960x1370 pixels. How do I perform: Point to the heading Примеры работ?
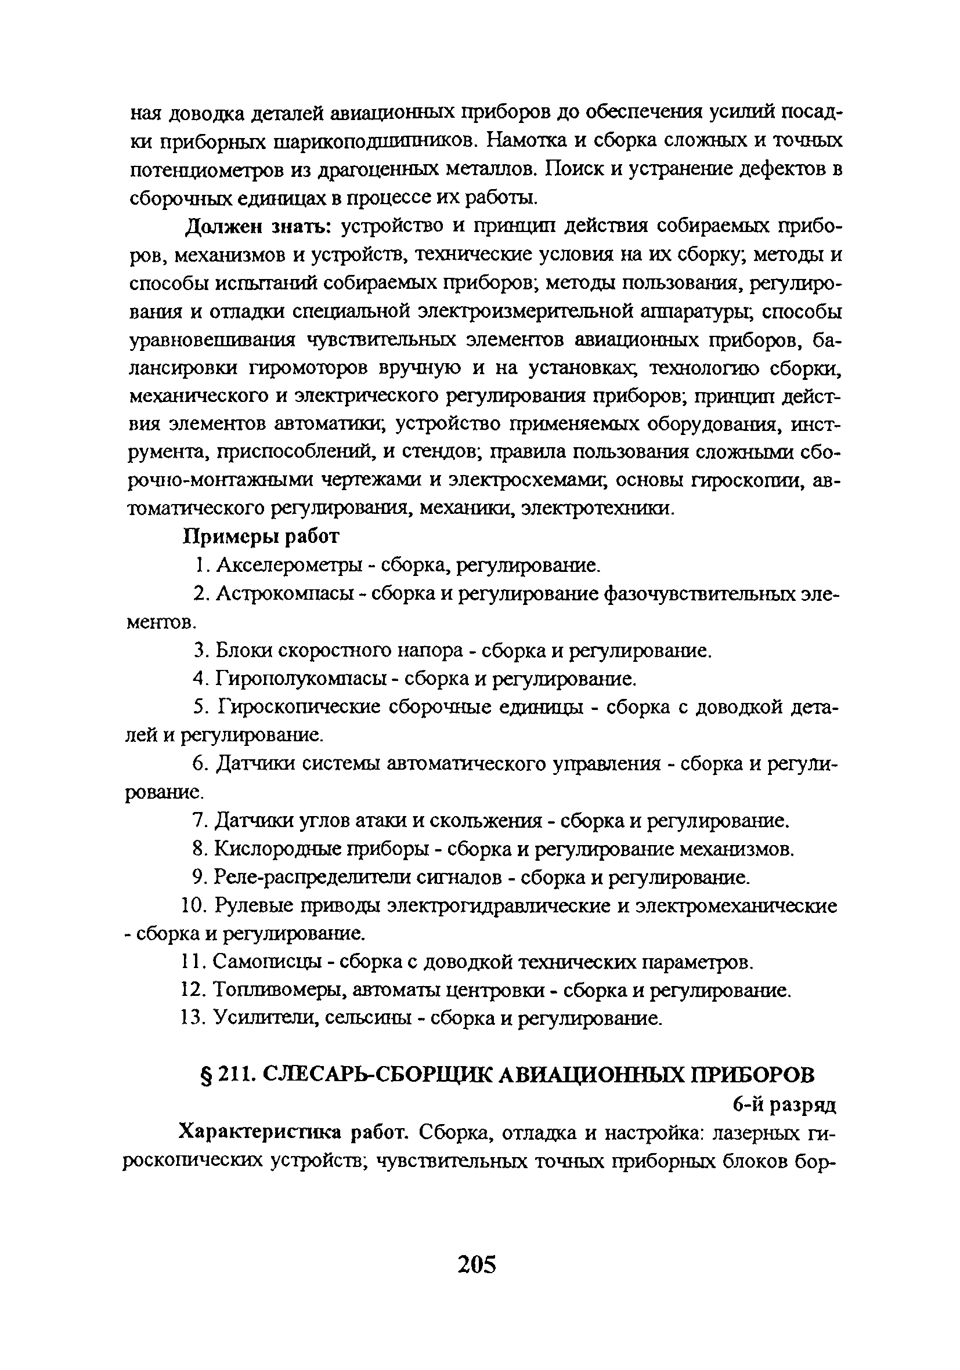(260, 536)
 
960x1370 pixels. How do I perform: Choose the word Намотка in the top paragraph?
(525, 140)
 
